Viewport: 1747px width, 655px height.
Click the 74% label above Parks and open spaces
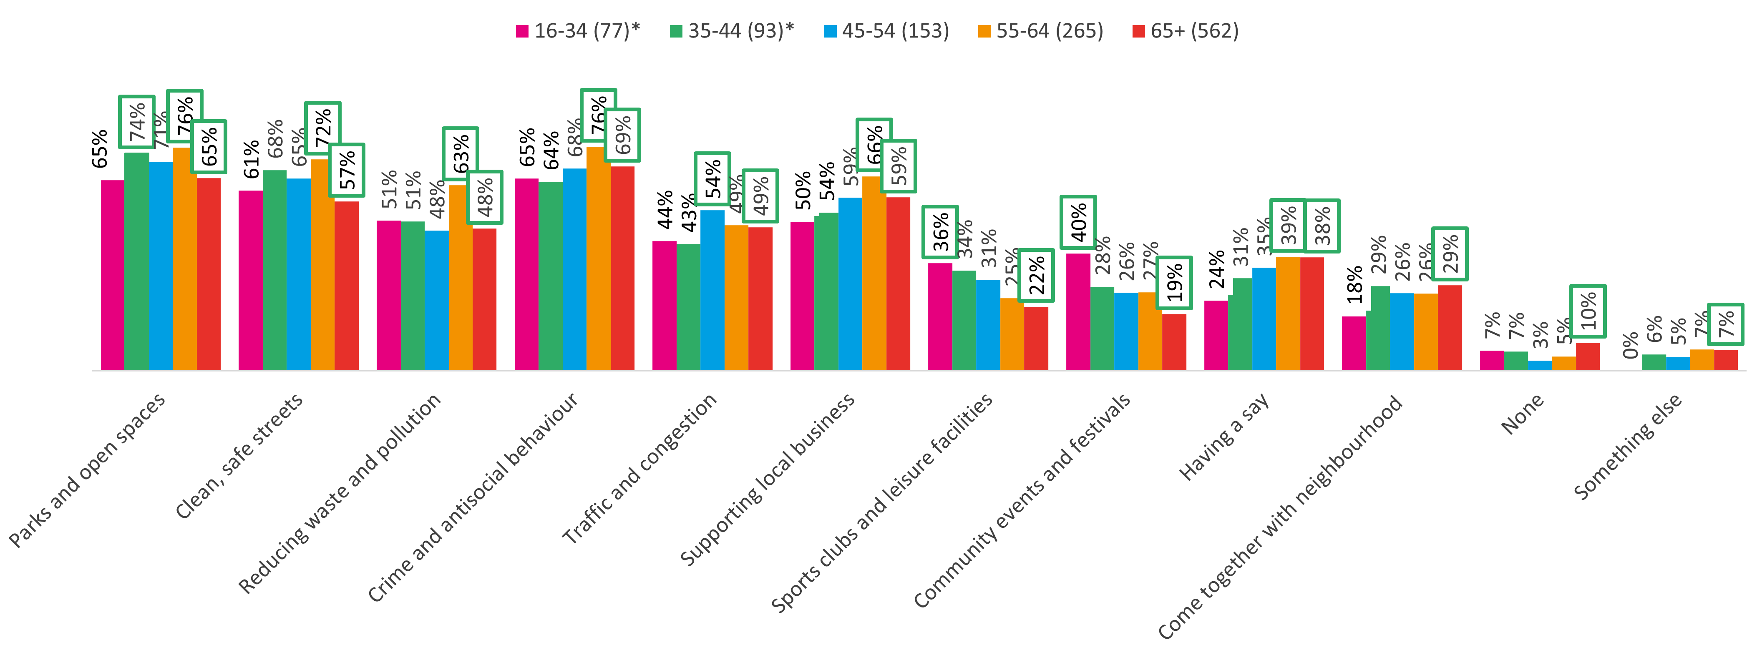pos(137,122)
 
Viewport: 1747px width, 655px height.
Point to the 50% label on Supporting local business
pos(803,191)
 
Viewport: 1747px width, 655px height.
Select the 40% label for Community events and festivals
pos(1078,222)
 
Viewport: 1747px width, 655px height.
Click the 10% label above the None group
pos(1588,311)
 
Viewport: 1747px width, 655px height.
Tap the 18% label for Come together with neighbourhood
pos(1354,285)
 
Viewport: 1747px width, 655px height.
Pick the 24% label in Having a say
pos(1217,269)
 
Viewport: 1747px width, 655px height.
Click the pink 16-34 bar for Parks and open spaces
pos(113,275)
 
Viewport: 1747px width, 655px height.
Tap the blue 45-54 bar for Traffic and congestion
pos(712,290)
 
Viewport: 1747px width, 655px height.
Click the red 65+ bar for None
pos(1588,356)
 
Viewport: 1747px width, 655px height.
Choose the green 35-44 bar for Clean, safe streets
pos(274,270)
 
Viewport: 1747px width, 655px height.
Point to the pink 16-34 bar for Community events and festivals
pos(1078,312)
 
